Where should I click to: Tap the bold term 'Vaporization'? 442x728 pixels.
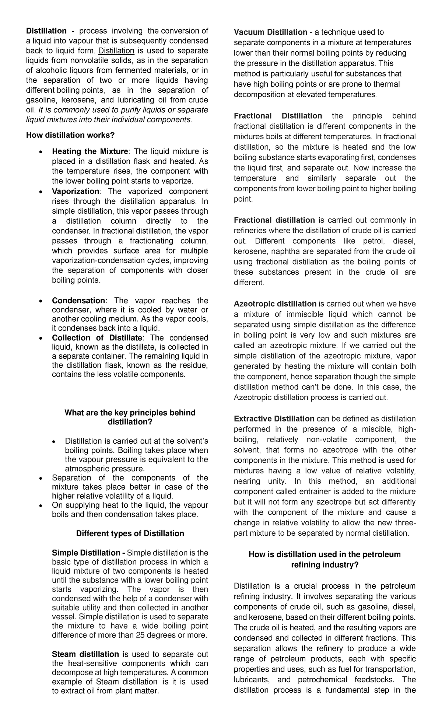coord(76,191)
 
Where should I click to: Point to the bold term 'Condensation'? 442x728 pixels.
coord(78,301)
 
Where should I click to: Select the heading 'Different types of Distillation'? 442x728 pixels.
coord(130,533)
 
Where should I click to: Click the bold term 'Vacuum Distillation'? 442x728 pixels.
coord(270,32)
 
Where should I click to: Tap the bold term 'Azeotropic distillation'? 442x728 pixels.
coord(275,304)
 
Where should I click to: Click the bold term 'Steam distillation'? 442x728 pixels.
coord(85,654)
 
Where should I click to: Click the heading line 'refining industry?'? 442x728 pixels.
coord(325,565)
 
